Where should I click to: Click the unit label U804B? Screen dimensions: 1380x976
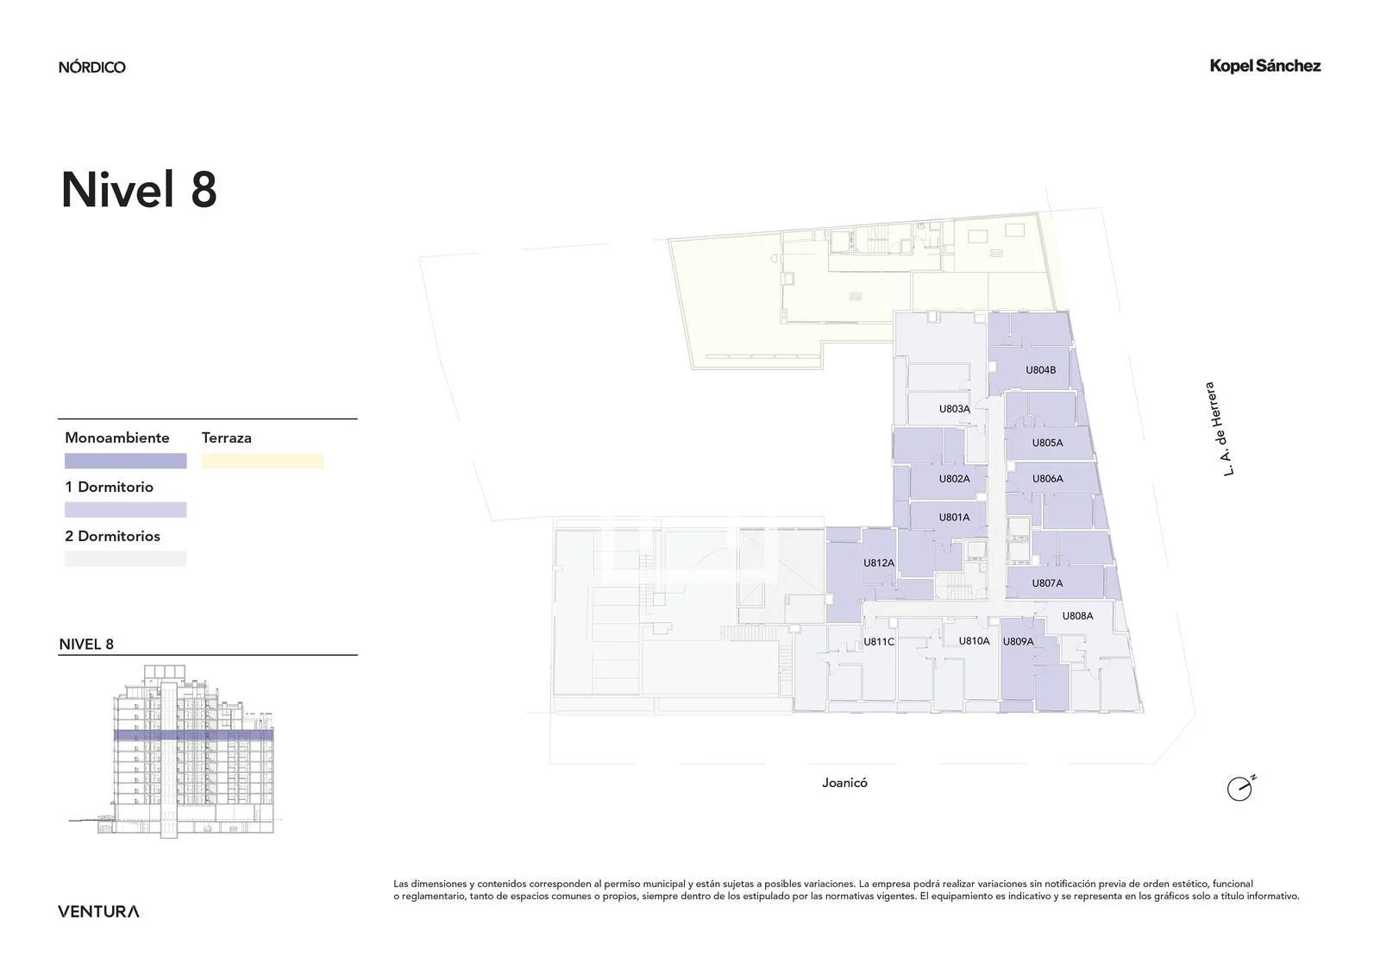point(1040,370)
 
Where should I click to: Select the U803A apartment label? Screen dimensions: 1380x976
point(954,409)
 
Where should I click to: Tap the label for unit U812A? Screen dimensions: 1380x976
point(879,563)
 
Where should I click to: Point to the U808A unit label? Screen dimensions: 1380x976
point(1077,616)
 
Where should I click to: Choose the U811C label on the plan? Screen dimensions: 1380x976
point(879,642)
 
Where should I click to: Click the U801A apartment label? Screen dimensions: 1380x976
point(954,517)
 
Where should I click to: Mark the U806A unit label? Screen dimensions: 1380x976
point(1047,478)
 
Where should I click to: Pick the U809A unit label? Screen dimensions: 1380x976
point(1018,642)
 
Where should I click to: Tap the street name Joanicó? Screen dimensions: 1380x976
point(844,783)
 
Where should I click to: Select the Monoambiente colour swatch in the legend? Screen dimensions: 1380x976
point(126,461)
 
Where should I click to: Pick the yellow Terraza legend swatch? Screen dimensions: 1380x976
point(262,461)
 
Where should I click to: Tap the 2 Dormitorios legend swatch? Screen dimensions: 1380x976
point(126,559)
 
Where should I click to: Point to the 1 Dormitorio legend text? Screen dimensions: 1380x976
point(109,487)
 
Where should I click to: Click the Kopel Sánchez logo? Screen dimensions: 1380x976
point(1265,66)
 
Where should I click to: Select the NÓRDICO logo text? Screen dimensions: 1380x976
point(91,67)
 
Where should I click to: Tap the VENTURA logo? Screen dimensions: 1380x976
point(98,911)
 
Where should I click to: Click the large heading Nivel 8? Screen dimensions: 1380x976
point(139,190)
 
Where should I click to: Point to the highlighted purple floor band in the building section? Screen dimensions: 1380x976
point(193,735)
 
